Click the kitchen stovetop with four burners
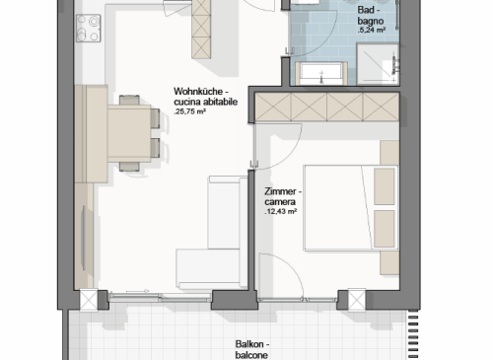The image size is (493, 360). tap(89, 29)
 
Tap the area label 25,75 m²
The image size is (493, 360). tap(190, 111)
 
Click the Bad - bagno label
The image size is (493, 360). tap(371, 16)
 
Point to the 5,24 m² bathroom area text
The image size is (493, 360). tap(372, 31)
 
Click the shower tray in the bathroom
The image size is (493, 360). tap(378, 63)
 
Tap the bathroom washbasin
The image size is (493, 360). tap(321, 74)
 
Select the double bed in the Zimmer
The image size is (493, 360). tap(351, 208)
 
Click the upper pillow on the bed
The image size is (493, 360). tap(385, 186)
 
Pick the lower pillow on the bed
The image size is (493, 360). tap(385, 229)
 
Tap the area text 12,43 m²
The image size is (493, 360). tap(281, 212)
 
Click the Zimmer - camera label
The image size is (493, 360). tap(283, 196)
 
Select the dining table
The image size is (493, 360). tap(129, 133)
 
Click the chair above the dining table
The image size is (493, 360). tap(129, 100)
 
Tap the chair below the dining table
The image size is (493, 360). tap(129, 167)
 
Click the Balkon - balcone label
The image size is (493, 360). tap(252, 349)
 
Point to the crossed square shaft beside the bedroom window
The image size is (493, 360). tap(357, 300)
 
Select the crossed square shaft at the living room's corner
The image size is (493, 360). tap(89, 300)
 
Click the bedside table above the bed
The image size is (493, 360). tap(389, 153)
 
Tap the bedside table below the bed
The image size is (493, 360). tap(389, 263)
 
